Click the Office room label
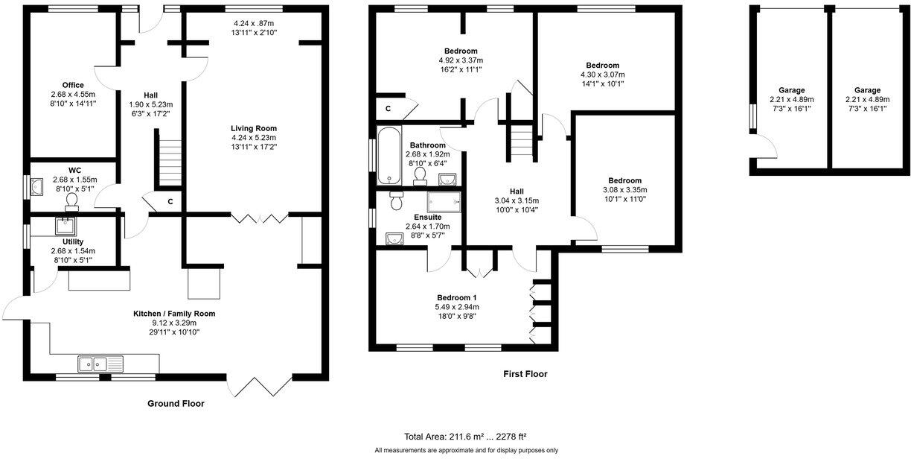[73, 85]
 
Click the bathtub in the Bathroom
[386, 156]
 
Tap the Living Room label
[254, 128]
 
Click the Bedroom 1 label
[457, 297]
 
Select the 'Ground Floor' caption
[175, 404]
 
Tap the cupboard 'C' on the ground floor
[170, 201]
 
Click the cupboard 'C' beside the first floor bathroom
[388, 109]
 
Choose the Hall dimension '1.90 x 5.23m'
[150, 105]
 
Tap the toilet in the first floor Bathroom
[421, 175]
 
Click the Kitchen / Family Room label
[174, 314]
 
